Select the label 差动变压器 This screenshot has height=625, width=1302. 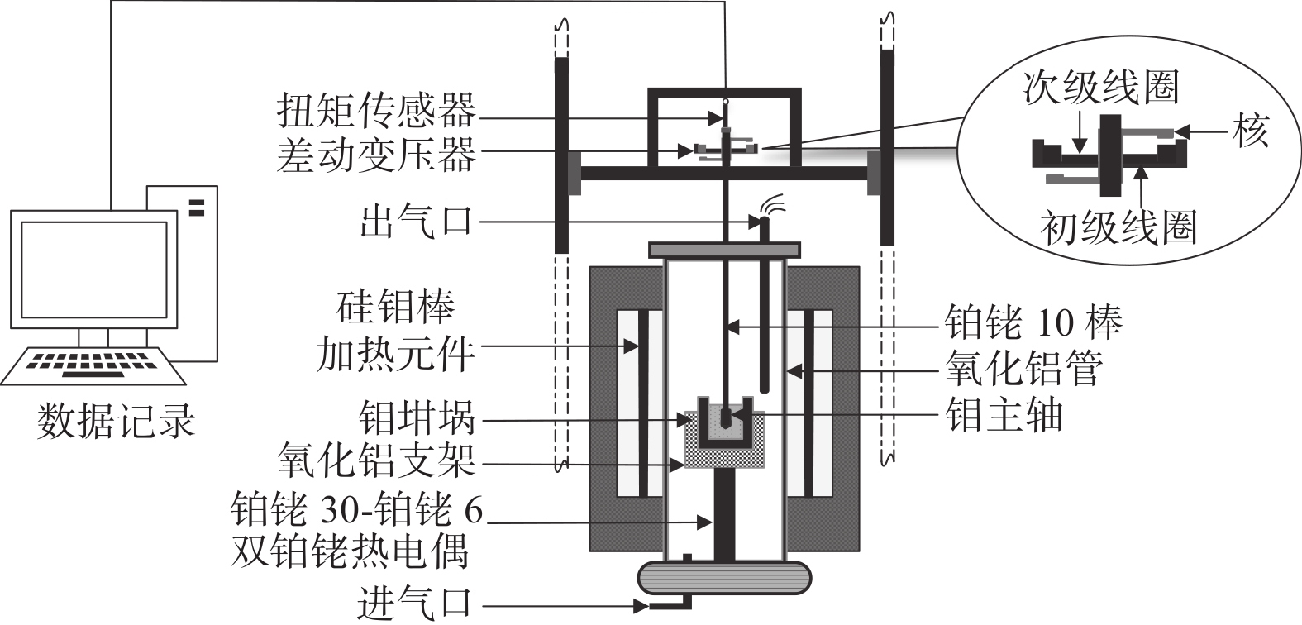click(x=377, y=153)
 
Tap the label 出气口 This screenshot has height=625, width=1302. click(x=415, y=222)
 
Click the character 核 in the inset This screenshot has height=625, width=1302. click(x=1252, y=131)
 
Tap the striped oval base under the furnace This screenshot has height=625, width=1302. click(x=724, y=577)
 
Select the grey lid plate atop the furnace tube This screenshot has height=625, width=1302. click(x=724, y=248)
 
